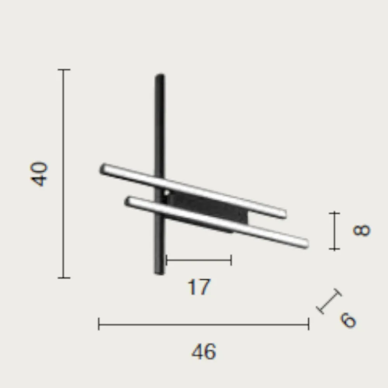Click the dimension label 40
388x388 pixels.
click(x=38, y=174)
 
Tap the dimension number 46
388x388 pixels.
click(x=204, y=352)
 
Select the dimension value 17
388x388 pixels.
click(x=199, y=287)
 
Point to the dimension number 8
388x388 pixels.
click(x=362, y=230)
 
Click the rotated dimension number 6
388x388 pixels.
click(x=348, y=320)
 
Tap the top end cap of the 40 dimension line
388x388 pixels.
click(x=64, y=70)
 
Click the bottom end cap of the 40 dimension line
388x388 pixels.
click(x=64, y=278)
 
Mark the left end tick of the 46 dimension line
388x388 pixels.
click(x=99, y=324)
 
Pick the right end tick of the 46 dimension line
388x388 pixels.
click(x=308, y=324)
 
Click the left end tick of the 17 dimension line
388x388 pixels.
click(x=166, y=260)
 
